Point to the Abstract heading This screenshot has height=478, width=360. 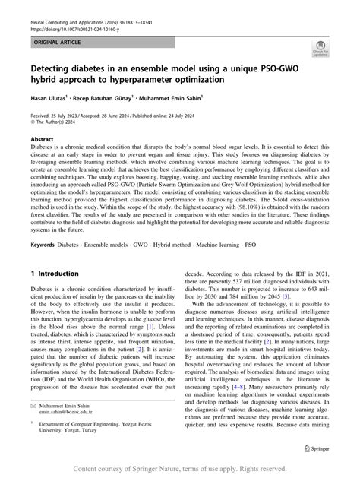point(41,140)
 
